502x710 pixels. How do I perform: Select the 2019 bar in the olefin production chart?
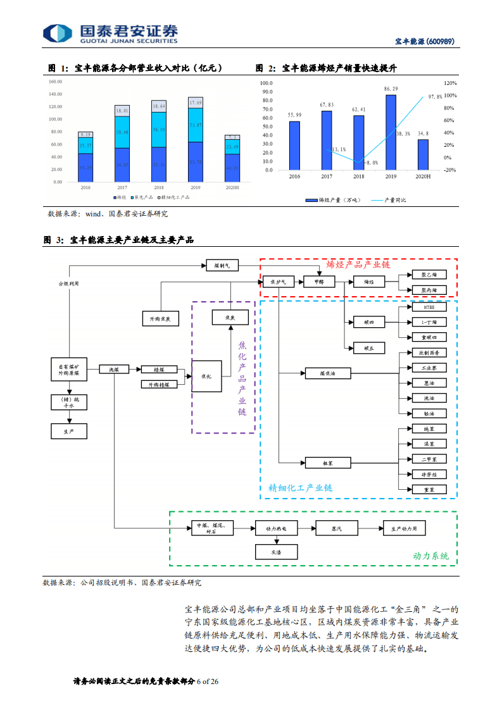pyautogui.click(x=391, y=132)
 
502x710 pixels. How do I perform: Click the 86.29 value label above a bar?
pyautogui.click(x=391, y=89)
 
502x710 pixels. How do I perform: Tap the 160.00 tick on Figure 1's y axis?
pyautogui.click(x=54, y=82)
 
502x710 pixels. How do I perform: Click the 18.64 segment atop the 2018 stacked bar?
pyautogui.click(x=158, y=106)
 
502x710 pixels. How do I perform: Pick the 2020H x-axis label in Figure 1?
pyautogui.click(x=232, y=188)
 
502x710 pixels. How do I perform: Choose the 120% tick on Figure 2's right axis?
pyautogui.click(x=451, y=83)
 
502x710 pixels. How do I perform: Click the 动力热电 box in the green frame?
pyautogui.click(x=275, y=527)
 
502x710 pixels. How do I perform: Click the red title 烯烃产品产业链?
pyautogui.click(x=358, y=265)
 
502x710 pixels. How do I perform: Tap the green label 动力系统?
pyautogui.click(x=430, y=556)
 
